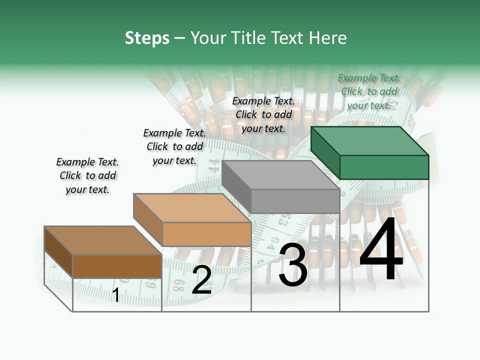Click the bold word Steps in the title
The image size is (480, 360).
point(147,38)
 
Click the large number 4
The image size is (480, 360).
point(381,250)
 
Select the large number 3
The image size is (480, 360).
point(292,265)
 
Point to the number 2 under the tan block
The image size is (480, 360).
point(201,280)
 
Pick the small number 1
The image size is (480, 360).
point(115,295)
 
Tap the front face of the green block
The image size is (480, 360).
point(384,167)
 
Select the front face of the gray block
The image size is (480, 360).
point(295,201)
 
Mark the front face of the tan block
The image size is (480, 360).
point(206,234)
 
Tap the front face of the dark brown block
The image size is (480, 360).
point(117,266)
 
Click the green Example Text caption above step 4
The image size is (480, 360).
point(369,91)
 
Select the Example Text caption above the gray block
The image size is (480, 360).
point(263,114)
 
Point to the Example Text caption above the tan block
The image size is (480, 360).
point(174,146)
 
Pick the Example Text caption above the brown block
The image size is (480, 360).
point(87,175)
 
